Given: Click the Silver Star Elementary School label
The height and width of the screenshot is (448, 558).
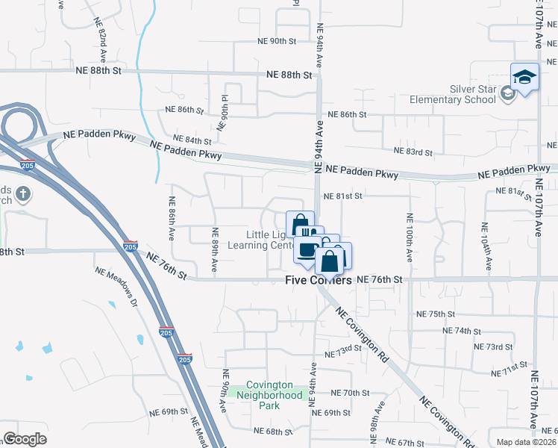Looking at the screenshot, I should [x=452, y=93].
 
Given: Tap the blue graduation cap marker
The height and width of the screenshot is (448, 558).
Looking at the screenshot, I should [x=524, y=78].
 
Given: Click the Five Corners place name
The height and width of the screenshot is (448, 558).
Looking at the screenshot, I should [x=319, y=281].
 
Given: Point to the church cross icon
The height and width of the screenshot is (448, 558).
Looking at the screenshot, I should [x=23, y=195].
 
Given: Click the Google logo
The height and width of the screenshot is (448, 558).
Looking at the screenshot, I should [x=25, y=439].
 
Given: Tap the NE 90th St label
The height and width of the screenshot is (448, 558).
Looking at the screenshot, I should [x=277, y=41].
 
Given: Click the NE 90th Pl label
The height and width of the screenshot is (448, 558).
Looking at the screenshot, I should [x=223, y=112].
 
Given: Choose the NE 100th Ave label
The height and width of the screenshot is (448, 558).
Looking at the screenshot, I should [x=410, y=237].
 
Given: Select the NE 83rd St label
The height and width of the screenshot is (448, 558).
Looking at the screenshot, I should [x=413, y=152].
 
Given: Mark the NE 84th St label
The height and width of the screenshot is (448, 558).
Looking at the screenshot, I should [x=192, y=140].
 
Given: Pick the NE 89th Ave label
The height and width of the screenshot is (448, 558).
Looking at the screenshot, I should [x=214, y=249].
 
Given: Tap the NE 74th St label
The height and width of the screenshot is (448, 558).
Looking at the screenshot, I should [x=462, y=330].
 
